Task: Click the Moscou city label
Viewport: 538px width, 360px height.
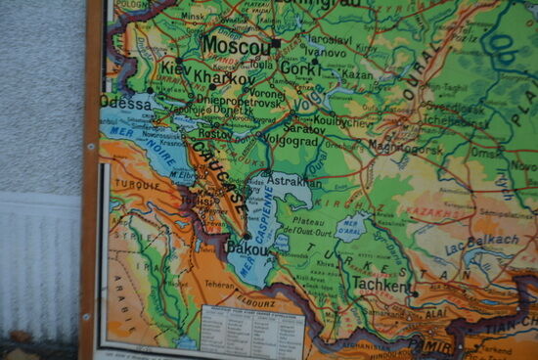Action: pyautogui.click(x=238, y=46)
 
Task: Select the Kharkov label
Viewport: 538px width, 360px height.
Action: pyautogui.click(x=224, y=77)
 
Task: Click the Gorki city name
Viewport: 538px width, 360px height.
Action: pyautogui.click(x=300, y=68)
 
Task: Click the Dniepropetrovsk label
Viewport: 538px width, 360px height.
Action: pyautogui.click(x=239, y=101)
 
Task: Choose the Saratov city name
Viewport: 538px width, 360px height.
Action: pyautogui.click(x=303, y=127)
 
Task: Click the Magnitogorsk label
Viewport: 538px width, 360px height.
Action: pyautogui.click(x=405, y=147)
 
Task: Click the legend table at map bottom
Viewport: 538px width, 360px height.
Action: pyautogui.click(x=251, y=331)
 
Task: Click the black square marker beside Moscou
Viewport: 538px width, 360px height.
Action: pyautogui.click(x=277, y=43)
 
